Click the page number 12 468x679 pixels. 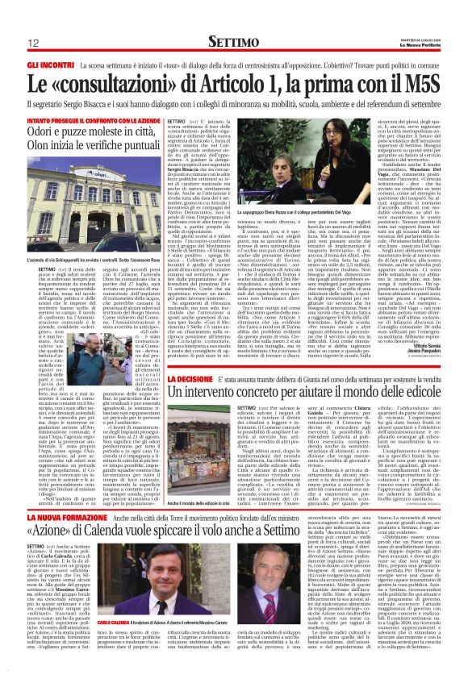(x=35, y=42)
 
